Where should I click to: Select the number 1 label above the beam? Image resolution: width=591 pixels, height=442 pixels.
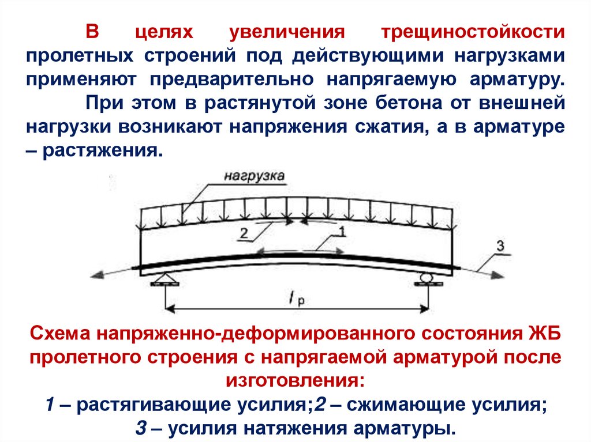(341, 232)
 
